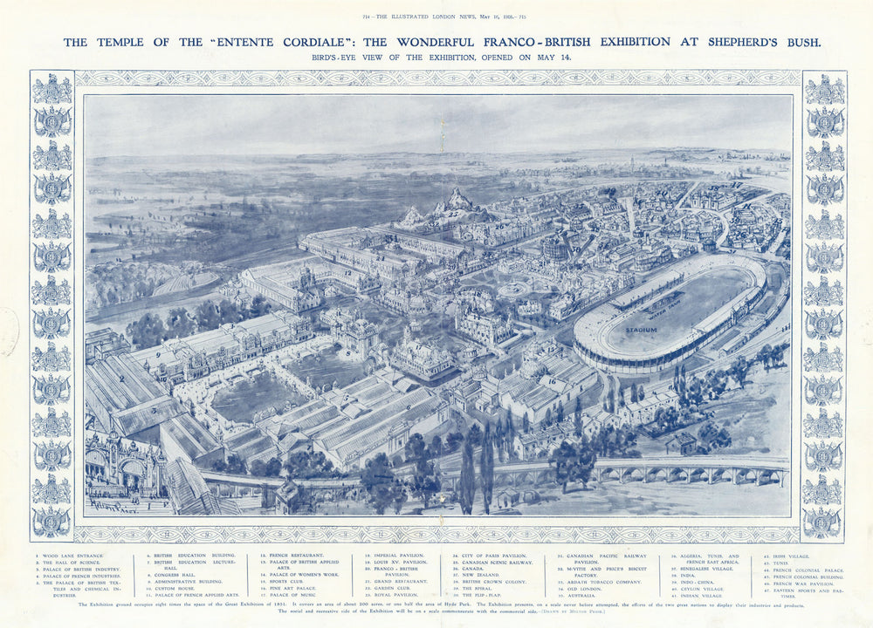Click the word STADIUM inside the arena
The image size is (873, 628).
pos(642,330)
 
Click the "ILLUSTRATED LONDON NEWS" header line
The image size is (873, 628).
pos(436,17)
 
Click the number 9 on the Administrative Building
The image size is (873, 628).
pos(157,355)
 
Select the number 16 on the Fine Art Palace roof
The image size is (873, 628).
pos(552,381)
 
